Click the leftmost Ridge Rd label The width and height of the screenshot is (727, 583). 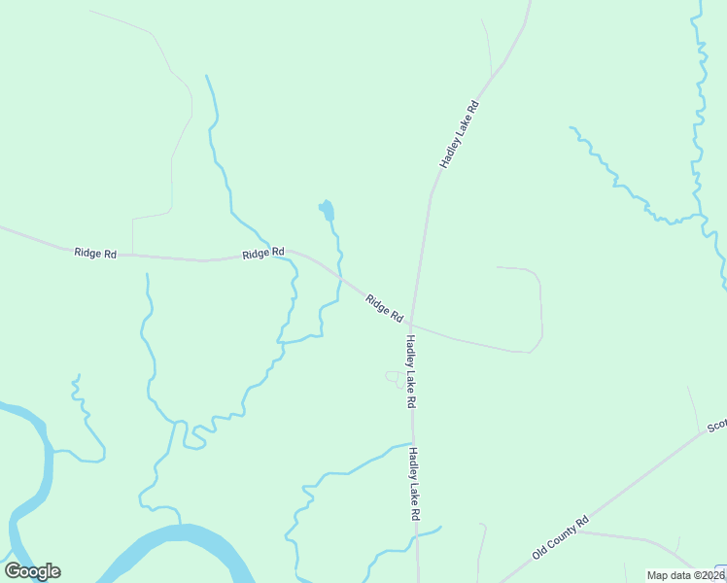point(95,254)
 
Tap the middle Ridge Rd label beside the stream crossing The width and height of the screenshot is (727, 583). point(263,253)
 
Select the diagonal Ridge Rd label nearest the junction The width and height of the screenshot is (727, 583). point(384,308)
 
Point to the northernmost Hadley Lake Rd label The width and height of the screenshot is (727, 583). point(460,134)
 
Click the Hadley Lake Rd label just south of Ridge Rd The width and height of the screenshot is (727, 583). point(411,371)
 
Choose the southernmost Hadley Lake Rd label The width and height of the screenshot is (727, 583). point(413,483)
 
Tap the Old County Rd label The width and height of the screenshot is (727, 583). point(561,537)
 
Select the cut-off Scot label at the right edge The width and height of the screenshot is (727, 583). point(716,425)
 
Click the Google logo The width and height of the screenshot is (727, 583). point(32,571)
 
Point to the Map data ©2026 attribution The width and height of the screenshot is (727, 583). point(685,575)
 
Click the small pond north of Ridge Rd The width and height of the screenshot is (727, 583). point(327,210)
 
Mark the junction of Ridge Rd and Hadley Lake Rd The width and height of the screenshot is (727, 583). point(411,324)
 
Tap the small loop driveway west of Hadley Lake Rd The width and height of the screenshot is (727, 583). point(394,377)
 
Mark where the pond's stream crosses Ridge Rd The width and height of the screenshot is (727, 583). point(340,277)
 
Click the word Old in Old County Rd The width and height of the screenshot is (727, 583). point(539,553)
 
